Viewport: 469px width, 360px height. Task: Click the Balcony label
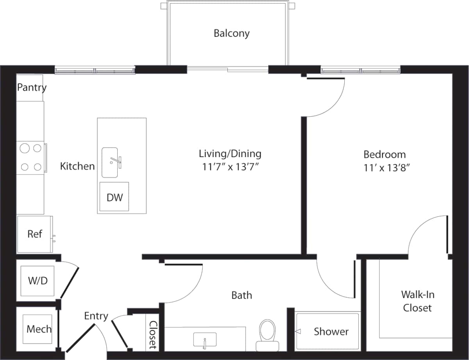pos(231,33)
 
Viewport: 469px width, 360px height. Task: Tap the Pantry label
pos(32,87)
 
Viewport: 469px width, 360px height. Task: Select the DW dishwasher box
pos(114,197)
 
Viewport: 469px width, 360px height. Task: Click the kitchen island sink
pos(110,162)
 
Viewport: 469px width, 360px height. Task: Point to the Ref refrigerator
pos(34,234)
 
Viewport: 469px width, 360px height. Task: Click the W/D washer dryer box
pos(37,281)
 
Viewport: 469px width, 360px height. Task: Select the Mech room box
pos(38,329)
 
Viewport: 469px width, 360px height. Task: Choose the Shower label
pos(331,331)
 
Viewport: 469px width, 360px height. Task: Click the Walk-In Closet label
pos(417,301)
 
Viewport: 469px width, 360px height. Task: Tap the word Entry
pos(96,316)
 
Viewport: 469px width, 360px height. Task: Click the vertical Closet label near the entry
pos(153,335)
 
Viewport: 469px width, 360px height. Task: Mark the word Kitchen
pos(77,166)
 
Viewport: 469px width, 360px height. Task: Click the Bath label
pos(242,295)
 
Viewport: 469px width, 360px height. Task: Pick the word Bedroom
pos(385,154)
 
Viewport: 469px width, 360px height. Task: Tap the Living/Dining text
pos(230,153)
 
